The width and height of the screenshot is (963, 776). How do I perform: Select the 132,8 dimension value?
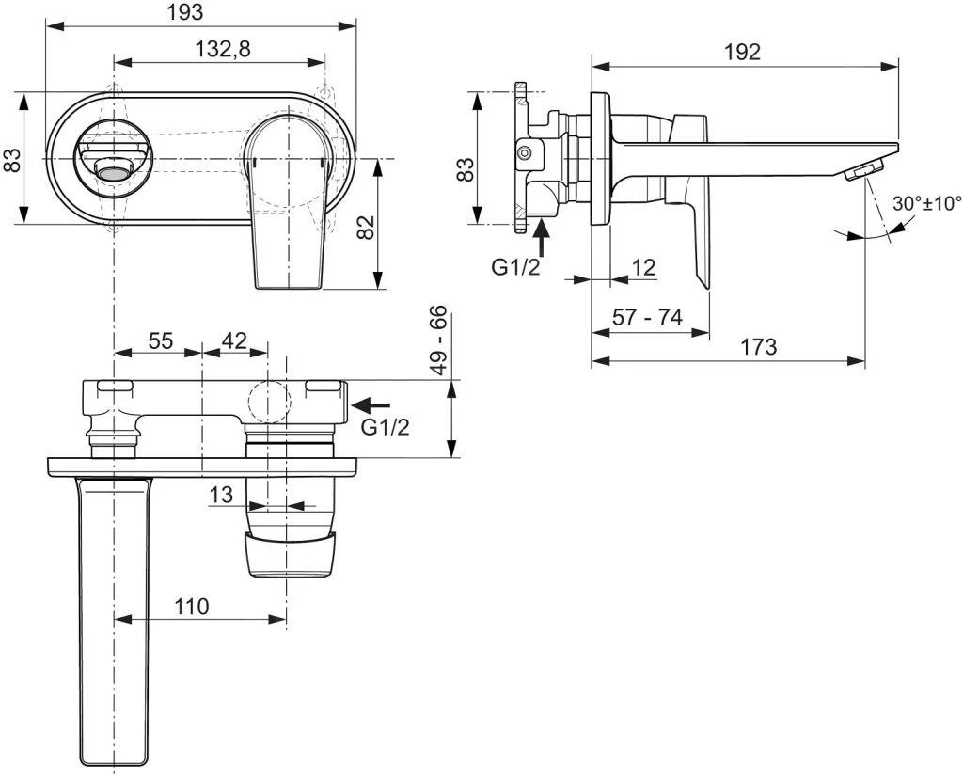[x=222, y=51]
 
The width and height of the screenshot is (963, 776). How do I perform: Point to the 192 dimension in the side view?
[x=742, y=52]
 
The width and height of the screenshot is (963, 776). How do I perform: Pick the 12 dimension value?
[x=643, y=267]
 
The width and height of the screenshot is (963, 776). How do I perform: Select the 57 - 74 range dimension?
[x=647, y=317]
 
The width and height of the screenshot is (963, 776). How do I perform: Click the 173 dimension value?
[x=758, y=347]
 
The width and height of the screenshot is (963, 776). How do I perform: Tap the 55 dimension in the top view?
[x=161, y=341]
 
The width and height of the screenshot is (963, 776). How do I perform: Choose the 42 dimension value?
[x=234, y=341]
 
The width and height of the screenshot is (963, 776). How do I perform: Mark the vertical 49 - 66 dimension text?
[x=438, y=340]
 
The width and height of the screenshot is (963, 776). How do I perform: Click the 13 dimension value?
[x=221, y=494]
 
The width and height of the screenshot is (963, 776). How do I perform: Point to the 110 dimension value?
[x=192, y=607]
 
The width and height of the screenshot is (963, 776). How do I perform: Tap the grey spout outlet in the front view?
[x=113, y=172]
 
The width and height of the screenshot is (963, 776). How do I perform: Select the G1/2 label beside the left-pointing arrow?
[x=386, y=427]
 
